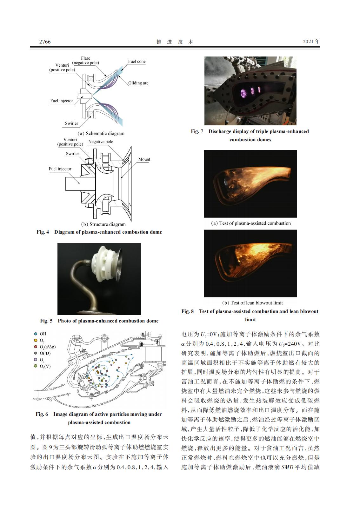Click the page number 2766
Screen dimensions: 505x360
pyautogui.click(x=45, y=42)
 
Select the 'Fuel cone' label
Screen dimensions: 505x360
pyautogui.click(x=137, y=62)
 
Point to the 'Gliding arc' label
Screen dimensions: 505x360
pyautogui.click(x=138, y=83)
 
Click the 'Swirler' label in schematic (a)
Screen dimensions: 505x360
pyautogui.click(x=71, y=123)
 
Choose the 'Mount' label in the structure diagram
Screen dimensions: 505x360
pyautogui.click(x=144, y=159)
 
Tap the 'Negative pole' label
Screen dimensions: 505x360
pyautogui.click(x=101, y=142)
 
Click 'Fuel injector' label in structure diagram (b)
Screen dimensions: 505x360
pyautogui.click(x=60, y=169)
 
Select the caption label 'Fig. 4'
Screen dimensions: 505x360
pyautogui.click(x=43, y=232)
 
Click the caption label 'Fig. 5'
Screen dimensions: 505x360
pyautogui.click(x=46, y=321)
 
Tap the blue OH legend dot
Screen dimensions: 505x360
pyautogui.click(x=36, y=334)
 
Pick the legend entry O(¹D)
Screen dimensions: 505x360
pyautogui.click(x=45, y=353)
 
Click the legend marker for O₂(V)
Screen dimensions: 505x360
pyautogui.click(x=36, y=366)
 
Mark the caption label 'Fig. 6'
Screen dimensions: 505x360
pyautogui.click(x=42, y=414)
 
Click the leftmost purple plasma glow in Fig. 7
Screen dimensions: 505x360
pyautogui.click(x=243, y=93)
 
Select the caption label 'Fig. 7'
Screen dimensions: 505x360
pyautogui.click(x=197, y=131)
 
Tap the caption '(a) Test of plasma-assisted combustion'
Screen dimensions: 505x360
pyautogui.click(x=250, y=223)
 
